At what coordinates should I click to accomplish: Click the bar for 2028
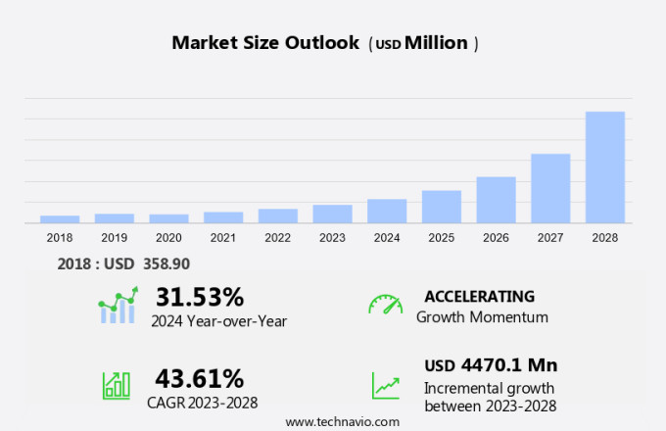point(605,168)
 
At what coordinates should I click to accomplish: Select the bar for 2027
point(550,188)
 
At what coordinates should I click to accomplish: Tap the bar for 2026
point(496,200)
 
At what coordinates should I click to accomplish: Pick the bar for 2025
point(442,207)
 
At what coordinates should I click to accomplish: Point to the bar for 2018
point(60,219)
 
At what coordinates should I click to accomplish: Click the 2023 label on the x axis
point(332,237)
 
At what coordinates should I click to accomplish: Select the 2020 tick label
point(168,237)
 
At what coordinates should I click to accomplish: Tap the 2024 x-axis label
point(387,237)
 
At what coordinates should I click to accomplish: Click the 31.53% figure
point(200,297)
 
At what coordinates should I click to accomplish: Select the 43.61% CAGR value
point(200,378)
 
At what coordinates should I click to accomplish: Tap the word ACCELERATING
point(479,297)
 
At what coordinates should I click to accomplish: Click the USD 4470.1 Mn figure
point(491,365)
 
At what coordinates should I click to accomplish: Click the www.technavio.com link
point(343,421)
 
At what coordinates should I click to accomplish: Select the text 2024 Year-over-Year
point(219,319)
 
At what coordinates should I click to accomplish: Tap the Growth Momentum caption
point(482,317)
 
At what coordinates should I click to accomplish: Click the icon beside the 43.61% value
point(117,384)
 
